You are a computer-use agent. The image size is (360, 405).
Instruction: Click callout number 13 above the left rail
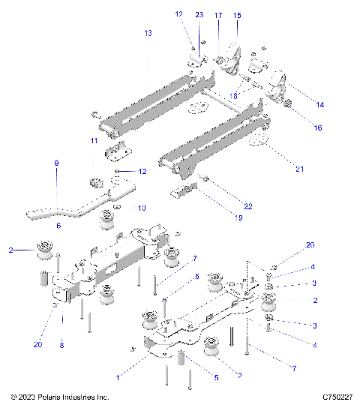[148, 34]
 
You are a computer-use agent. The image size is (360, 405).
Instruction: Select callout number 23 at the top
[199, 14]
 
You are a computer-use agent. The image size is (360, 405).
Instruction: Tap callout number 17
[218, 14]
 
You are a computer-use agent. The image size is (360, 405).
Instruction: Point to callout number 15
[237, 14]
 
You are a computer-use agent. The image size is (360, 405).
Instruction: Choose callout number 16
[317, 128]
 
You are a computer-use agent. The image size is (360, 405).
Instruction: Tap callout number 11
[93, 141]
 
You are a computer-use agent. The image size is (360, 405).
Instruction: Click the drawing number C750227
[337, 396]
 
